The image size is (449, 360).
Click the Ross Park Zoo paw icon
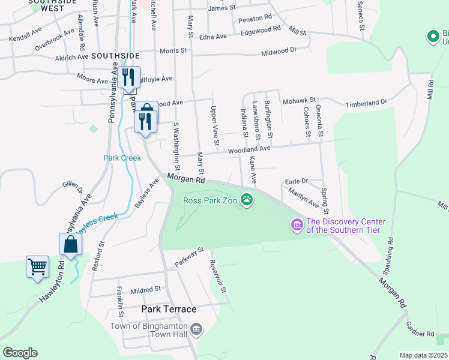(x=247, y=199)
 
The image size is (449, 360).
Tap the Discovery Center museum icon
(x=297, y=226)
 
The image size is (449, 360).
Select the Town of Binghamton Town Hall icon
(x=197, y=329)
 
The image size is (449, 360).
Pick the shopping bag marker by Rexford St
(x=70, y=244)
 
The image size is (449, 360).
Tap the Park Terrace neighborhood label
(x=169, y=309)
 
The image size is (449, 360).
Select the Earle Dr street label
(x=296, y=181)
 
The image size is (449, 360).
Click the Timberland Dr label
(x=366, y=103)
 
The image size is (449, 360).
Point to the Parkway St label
(x=190, y=257)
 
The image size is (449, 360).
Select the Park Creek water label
(x=122, y=158)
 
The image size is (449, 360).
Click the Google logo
(x=20, y=353)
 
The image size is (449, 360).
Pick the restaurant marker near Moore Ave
(x=128, y=77)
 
